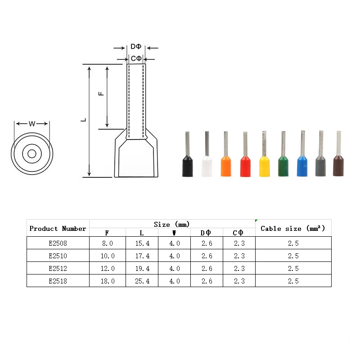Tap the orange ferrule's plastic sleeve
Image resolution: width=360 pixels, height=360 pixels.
pos(226,166)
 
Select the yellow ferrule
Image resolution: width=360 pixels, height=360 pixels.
pos(264,154)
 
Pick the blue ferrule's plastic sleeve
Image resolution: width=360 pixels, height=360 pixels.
pos(302,166)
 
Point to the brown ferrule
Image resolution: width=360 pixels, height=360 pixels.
pos(338,153)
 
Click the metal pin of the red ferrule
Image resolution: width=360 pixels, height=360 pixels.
pos(245,144)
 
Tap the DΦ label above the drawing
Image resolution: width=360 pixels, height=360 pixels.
pos(136,47)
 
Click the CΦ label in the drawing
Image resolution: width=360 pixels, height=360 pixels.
pos(136,58)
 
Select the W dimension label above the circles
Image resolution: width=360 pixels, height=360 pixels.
pos(32,124)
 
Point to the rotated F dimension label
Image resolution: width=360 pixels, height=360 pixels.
pos(101,94)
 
